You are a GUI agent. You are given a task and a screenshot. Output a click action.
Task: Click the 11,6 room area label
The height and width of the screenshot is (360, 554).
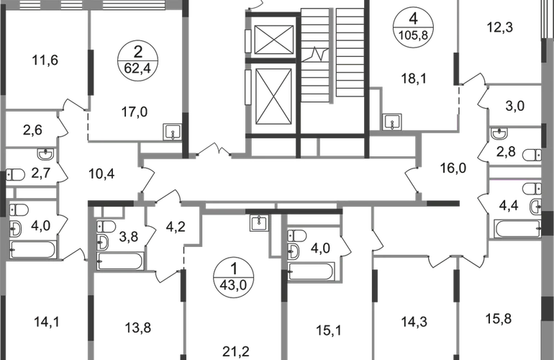[x=45, y=60]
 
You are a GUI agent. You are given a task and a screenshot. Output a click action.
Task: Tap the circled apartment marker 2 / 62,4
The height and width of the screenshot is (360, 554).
[x=138, y=60]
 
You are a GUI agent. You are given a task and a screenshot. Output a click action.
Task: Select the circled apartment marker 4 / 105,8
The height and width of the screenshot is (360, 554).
[x=414, y=27]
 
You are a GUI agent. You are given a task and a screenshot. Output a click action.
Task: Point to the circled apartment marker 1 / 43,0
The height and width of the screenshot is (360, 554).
[x=234, y=277]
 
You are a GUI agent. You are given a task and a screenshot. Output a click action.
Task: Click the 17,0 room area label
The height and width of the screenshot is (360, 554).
[x=135, y=112]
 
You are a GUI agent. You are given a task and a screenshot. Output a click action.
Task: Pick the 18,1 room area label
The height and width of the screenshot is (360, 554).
[x=414, y=78]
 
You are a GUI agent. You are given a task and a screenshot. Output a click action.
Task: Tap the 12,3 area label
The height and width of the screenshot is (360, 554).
[x=500, y=27]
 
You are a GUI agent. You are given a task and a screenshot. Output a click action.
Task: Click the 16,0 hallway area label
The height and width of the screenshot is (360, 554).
[x=453, y=168]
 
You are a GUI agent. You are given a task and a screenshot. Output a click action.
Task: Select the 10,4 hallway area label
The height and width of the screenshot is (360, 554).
[x=101, y=174]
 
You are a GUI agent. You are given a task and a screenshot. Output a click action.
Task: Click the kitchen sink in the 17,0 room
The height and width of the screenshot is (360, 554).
[x=173, y=132]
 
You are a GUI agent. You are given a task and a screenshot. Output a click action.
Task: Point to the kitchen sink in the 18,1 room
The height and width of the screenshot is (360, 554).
[x=392, y=122]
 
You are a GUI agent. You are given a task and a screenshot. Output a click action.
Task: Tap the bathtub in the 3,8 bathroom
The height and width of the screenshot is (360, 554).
[x=120, y=261]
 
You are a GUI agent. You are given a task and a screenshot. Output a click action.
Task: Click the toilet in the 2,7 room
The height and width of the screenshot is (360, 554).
[x=15, y=174]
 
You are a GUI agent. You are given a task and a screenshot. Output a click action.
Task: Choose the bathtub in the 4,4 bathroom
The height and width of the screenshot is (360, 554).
[x=517, y=229]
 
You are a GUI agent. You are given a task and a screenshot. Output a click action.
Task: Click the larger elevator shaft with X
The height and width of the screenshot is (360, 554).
[x=273, y=97]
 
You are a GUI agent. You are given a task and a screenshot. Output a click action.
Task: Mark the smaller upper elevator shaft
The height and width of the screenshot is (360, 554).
[x=274, y=40]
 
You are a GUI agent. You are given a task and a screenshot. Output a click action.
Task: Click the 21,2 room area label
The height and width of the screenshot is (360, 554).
[x=236, y=351]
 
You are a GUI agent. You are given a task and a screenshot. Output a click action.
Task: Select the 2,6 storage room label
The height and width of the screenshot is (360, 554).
[x=32, y=130]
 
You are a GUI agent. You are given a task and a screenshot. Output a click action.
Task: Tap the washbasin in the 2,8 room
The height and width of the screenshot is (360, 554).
[x=499, y=133]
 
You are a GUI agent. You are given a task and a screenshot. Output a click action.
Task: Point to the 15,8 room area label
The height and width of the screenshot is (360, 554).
[x=499, y=319]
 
